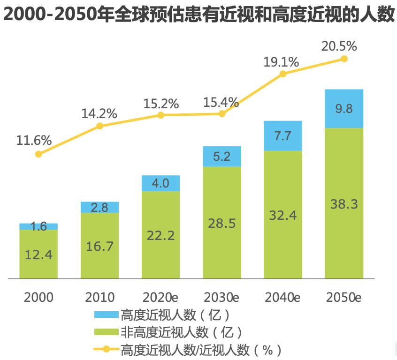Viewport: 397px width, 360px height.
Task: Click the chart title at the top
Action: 198,15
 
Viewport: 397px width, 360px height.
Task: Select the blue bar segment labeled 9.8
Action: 344,108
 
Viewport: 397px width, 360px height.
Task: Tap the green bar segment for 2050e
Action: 344,203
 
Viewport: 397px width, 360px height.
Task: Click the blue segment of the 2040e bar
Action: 283,135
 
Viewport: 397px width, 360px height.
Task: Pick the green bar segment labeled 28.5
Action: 222,222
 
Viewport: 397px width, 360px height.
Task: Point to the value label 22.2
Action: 161,235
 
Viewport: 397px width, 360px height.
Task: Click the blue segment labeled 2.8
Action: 99,207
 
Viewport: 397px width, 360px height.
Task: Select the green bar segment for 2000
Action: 38,254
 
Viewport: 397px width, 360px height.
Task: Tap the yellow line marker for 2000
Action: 38,154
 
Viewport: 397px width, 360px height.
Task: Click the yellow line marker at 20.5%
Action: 344,59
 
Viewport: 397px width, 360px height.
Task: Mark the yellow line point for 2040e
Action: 283,74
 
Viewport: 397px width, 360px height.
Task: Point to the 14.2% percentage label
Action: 99,113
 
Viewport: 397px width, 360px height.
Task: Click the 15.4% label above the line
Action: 221,102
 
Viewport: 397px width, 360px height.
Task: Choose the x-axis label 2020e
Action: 161,297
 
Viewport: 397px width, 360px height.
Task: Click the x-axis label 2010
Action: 99,297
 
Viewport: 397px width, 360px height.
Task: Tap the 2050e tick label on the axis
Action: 344,297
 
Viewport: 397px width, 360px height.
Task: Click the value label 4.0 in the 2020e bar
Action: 160,183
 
